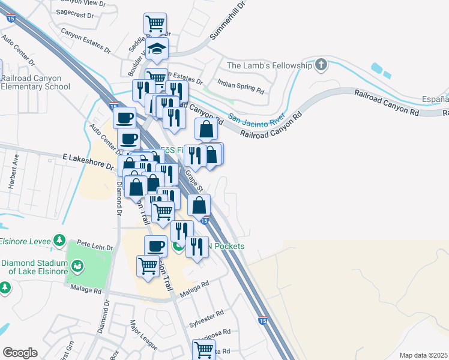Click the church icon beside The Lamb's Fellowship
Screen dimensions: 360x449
click(x=321, y=64)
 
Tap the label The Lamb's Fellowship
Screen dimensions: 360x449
click(x=269, y=65)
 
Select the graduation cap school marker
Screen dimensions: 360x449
click(x=157, y=49)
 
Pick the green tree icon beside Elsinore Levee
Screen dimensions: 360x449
click(x=59, y=241)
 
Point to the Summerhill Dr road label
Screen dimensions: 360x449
click(x=229, y=22)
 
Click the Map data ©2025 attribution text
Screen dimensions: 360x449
click(x=423, y=355)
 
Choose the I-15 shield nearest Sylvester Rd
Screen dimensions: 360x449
click(x=262, y=322)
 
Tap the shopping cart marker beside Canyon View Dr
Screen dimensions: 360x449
click(x=155, y=24)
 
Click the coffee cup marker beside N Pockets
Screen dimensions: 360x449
click(x=156, y=246)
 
